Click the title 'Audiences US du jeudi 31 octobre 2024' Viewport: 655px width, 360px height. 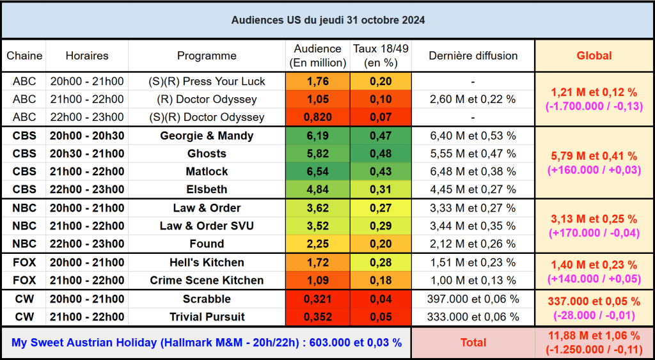(327, 20)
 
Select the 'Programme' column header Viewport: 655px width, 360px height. (207, 56)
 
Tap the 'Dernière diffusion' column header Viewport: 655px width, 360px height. (473, 56)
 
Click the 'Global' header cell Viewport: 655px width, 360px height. (594, 56)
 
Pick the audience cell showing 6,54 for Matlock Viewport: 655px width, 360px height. (317, 171)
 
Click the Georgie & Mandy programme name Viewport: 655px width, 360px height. (207, 136)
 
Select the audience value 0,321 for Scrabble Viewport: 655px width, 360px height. (317, 299)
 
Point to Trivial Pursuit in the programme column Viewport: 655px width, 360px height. (207, 317)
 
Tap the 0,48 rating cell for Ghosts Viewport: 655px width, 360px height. (381, 153)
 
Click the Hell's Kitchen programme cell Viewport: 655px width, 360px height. (207, 262)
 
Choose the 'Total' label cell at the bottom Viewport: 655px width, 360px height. (473, 343)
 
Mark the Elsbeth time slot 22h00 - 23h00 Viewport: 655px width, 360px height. (87, 189)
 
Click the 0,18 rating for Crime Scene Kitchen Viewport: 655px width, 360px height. (381, 280)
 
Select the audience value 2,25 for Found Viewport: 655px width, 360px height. (317, 244)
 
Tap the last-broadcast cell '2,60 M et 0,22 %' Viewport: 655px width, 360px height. (473, 99)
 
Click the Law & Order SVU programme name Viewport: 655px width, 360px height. (207, 226)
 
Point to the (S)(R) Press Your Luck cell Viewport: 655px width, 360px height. (207, 81)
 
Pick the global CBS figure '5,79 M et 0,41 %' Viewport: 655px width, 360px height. (594, 155)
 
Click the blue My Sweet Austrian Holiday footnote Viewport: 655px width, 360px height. (207, 343)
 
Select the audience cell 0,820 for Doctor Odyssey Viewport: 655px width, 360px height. (317, 117)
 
